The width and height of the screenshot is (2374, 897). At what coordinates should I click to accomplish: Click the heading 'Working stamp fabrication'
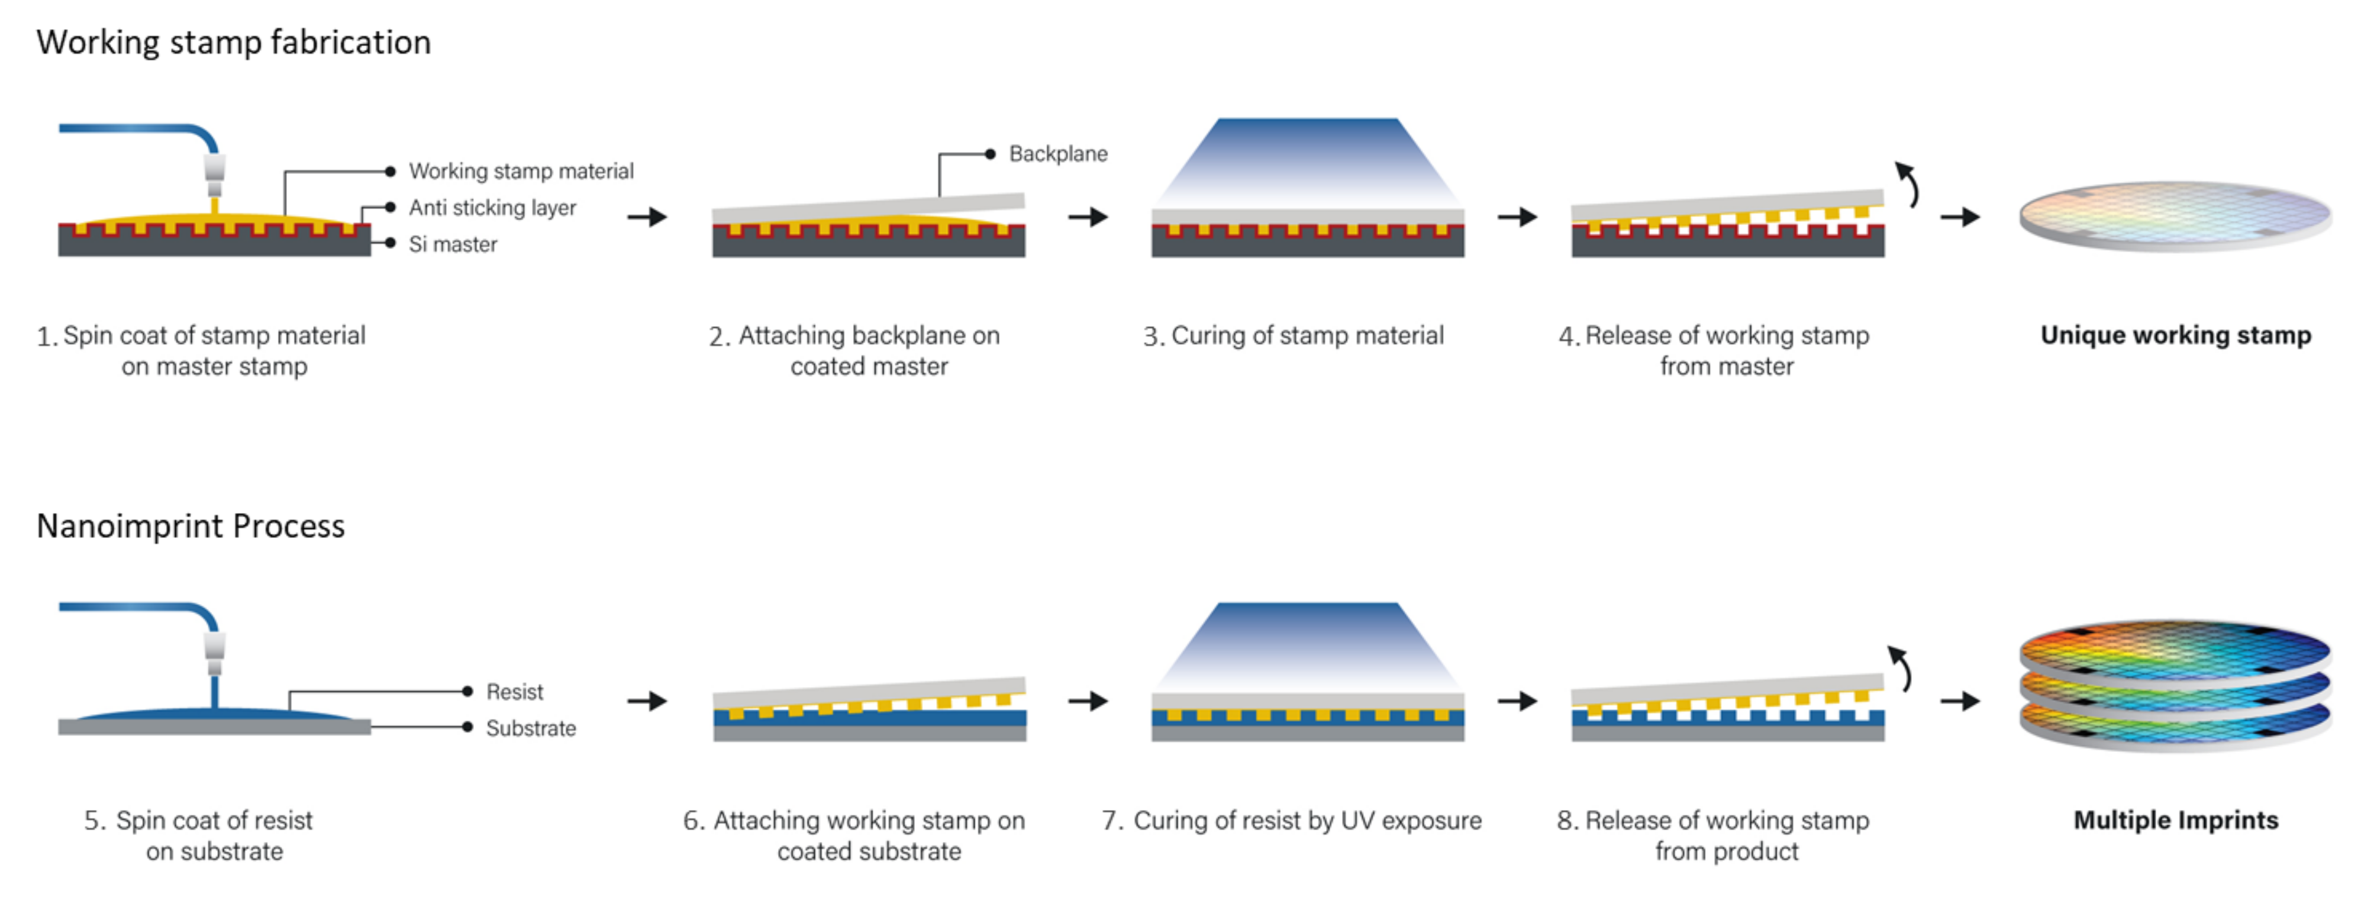click(233, 43)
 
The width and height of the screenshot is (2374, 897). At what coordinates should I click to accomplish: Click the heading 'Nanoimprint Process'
click(190, 527)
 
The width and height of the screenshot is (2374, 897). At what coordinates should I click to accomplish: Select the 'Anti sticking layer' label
click(492, 208)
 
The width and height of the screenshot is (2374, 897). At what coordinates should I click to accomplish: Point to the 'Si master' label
click(453, 244)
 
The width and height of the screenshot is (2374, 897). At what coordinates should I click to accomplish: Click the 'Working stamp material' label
click(521, 172)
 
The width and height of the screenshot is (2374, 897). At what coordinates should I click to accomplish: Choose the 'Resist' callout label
click(514, 692)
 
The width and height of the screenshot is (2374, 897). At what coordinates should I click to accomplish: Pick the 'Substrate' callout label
click(530, 728)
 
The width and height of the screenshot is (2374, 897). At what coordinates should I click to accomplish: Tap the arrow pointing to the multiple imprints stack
click(1960, 702)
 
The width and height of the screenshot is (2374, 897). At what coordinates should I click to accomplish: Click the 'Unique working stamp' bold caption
click(2175, 335)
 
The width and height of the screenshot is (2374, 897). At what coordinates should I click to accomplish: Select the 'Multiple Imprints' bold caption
click(2175, 821)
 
